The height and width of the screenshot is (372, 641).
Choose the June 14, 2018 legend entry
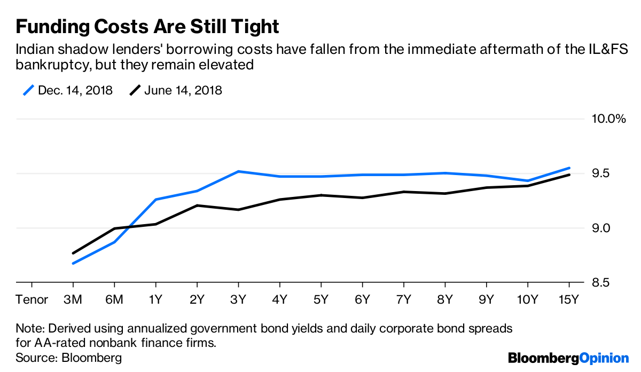point(176,90)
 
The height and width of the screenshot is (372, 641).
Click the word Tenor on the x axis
point(32,299)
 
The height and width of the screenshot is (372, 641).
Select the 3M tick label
point(73,299)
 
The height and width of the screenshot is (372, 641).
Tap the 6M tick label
point(114,299)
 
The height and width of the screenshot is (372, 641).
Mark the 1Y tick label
point(155,299)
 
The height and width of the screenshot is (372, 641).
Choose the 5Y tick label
point(321,299)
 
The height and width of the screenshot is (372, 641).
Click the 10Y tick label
point(527,299)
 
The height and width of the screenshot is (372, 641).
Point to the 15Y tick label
point(568,299)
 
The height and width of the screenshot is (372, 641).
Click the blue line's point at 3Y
point(238,171)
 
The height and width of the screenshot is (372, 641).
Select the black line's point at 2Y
point(197,205)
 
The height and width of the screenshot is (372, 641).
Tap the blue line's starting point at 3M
point(73,263)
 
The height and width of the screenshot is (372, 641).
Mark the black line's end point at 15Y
point(568,175)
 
